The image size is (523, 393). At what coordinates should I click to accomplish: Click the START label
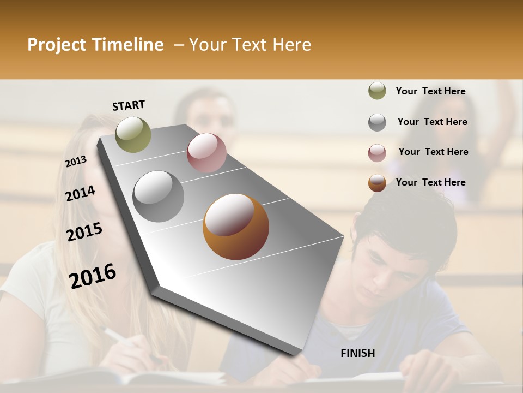click(x=129, y=105)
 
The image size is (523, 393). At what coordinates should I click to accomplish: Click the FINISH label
click(x=357, y=353)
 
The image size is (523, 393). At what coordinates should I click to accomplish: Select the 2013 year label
click(x=76, y=162)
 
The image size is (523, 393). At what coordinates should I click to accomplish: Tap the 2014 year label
click(x=80, y=193)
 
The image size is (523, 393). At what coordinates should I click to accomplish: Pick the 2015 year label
click(x=84, y=232)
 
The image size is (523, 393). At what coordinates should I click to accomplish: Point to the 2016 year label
click(x=93, y=276)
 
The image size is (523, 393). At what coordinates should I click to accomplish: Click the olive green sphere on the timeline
click(x=133, y=134)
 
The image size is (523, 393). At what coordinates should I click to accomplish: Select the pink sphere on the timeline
click(x=206, y=153)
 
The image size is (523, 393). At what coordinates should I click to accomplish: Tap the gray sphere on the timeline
click(x=158, y=196)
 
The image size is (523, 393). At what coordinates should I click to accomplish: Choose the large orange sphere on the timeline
click(x=236, y=227)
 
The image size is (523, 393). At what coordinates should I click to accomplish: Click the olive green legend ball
click(x=377, y=91)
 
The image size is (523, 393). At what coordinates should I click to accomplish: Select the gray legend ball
click(x=377, y=122)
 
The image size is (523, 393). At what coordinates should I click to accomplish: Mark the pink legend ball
click(x=377, y=153)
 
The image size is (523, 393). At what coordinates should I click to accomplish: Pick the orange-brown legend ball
click(x=377, y=183)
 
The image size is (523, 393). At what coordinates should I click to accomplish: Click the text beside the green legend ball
click(x=430, y=91)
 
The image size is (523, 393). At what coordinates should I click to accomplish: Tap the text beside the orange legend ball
click(x=430, y=182)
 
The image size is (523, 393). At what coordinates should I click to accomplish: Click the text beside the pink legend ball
click(x=433, y=152)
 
